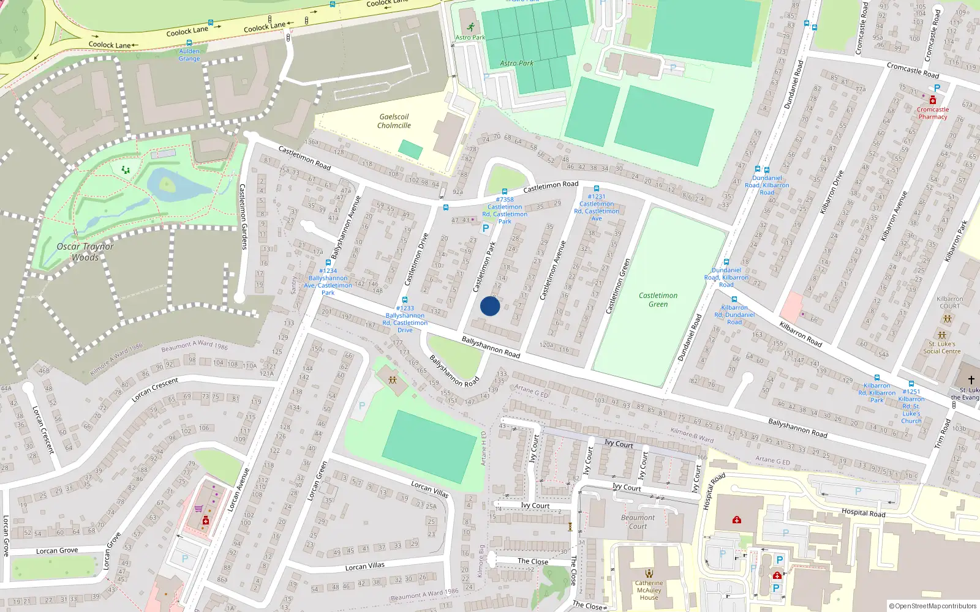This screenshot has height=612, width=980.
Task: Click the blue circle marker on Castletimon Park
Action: click(490, 306)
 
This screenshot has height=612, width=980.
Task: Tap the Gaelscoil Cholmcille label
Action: click(394, 121)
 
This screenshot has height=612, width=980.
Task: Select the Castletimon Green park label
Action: click(658, 300)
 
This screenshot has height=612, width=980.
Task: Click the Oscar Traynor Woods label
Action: click(85, 252)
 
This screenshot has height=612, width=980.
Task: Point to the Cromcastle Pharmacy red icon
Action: click(932, 100)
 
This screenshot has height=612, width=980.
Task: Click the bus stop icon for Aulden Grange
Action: click(189, 43)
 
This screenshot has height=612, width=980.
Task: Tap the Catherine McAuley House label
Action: click(649, 590)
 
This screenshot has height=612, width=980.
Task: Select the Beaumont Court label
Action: click(638, 521)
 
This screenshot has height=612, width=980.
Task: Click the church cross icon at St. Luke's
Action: click(971, 380)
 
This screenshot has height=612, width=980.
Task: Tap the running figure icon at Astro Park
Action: click(470, 27)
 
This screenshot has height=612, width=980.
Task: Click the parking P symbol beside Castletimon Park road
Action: click(486, 228)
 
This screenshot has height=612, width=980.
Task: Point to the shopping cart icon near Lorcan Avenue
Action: click(198, 508)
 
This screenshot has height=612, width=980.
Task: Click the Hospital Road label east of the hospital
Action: click(863, 513)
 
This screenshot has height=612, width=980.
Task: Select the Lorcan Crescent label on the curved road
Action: click(154, 390)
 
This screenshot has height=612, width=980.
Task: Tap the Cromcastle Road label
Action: click(913, 70)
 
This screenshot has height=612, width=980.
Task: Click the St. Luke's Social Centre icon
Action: click(942, 335)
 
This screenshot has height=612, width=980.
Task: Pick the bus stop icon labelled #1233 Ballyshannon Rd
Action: click(404, 300)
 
